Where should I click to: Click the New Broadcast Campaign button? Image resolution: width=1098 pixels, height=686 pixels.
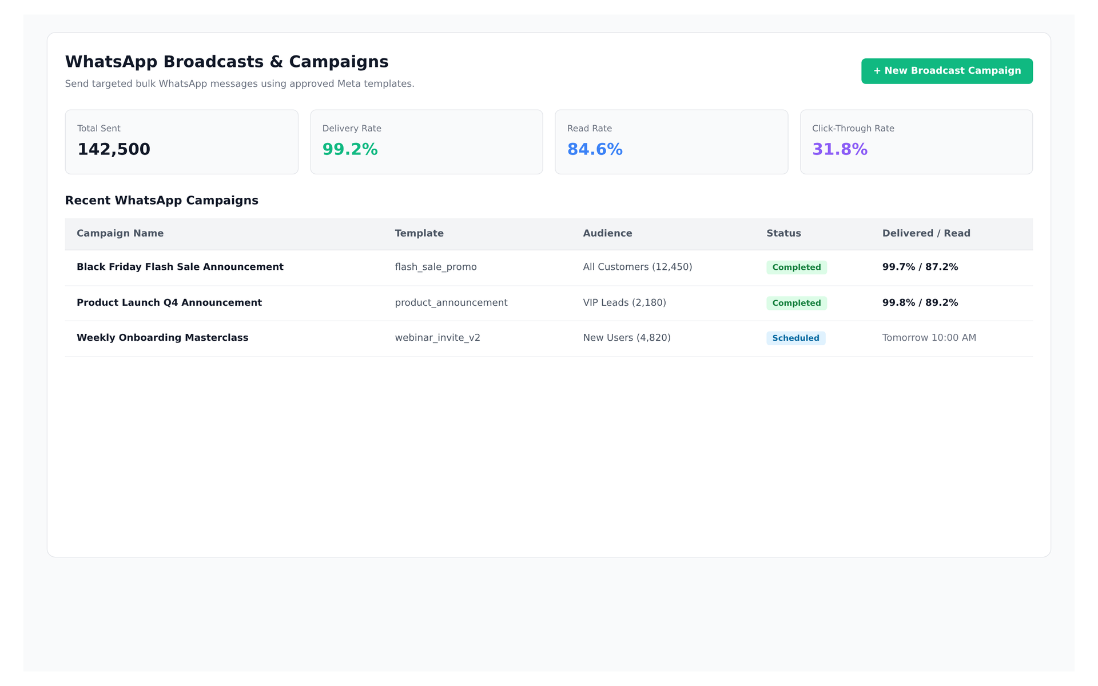[946, 71]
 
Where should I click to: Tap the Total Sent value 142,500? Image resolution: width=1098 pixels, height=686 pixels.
[114, 149]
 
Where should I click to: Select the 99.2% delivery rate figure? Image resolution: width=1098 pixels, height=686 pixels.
[350, 149]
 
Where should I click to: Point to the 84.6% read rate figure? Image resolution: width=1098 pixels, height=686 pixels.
[595, 149]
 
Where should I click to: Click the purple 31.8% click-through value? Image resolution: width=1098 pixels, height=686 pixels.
[840, 149]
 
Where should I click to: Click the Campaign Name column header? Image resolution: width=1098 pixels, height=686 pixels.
[120, 233]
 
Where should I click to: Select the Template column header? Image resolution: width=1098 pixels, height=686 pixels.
[419, 233]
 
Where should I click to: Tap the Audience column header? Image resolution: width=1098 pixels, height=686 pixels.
[607, 233]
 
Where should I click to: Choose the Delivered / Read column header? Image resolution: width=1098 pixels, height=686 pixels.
[926, 233]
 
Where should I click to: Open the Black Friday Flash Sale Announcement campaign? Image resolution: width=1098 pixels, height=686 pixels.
[180, 267]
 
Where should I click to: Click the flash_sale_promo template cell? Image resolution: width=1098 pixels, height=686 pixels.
[436, 267]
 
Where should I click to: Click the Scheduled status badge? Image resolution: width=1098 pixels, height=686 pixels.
[795, 338]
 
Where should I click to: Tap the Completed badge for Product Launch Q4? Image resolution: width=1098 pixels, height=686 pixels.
[797, 303]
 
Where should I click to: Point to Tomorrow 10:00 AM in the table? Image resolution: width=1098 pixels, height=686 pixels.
[929, 338]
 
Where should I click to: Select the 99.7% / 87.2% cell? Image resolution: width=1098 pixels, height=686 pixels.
[920, 267]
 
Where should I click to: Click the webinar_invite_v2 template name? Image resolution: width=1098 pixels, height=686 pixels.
[437, 338]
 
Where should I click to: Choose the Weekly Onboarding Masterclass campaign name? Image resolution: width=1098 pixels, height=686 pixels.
[162, 338]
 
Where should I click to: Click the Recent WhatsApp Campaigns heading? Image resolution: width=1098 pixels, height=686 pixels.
[162, 201]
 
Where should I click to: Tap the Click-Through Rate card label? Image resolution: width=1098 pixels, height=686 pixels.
[853, 129]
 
